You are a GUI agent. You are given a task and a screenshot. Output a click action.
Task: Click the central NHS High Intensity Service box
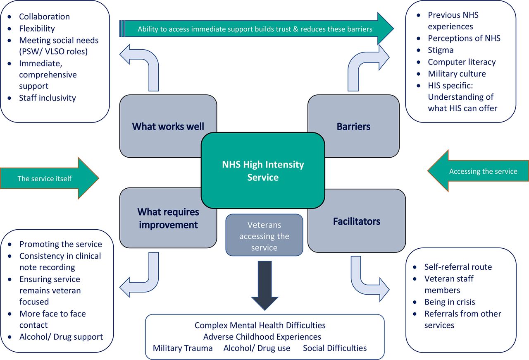coord(263,170)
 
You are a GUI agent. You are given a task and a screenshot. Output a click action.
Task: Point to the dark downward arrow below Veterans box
coord(265,286)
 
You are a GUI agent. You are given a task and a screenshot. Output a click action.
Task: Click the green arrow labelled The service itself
coord(50,178)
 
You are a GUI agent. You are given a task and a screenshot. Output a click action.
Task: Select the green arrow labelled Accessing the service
coord(478,171)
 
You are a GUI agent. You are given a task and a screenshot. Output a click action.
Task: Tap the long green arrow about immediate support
coord(257,29)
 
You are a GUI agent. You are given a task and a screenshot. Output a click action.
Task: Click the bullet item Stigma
coord(441,50)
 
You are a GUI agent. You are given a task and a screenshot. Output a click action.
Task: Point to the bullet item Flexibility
coord(37,29)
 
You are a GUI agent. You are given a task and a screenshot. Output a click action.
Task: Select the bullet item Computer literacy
coord(462,62)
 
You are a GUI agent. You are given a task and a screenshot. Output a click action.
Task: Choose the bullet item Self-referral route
coord(458,267)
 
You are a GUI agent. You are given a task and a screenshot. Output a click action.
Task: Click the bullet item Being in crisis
coord(450,302)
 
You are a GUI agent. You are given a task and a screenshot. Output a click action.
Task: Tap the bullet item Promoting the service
coord(61,244)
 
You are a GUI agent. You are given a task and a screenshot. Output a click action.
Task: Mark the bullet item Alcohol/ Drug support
coord(61,337)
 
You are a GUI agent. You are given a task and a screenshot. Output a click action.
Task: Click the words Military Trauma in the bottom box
coord(183,348)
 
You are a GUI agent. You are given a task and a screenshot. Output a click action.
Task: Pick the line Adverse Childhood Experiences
coord(262,336)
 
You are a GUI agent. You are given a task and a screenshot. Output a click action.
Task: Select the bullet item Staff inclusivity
coord(48,98)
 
